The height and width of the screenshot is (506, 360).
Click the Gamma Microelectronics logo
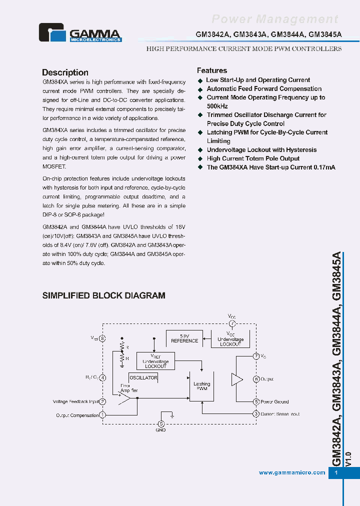tap(80, 32)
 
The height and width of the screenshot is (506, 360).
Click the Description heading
tap(65, 72)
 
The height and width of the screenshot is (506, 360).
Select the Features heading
tap(211, 70)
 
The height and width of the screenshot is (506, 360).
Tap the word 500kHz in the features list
tap(217, 106)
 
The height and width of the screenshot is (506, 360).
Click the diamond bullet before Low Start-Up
tap(200, 80)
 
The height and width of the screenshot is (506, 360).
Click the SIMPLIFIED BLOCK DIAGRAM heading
tap(103, 295)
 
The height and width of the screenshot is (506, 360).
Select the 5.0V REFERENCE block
tap(184, 338)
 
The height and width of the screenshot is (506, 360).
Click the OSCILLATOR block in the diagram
tap(143, 378)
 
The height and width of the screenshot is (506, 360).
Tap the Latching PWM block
tap(201, 386)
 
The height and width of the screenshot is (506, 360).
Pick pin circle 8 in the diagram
tap(102, 338)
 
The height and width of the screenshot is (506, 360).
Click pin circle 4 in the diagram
tap(102, 377)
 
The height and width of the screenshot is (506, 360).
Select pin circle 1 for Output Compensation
tap(102, 414)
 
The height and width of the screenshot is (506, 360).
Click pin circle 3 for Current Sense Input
tap(256, 413)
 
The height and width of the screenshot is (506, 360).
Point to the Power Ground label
tap(274, 401)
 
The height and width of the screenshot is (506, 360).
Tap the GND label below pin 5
tap(160, 430)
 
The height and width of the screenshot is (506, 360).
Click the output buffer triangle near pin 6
tap(236, 379)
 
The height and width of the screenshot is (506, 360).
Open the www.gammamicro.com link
tap(292, 472)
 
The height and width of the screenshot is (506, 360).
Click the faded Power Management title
tap(275, 19)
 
